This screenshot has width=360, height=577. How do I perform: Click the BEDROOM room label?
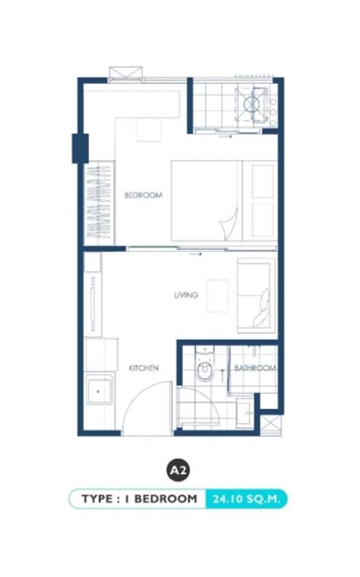[144, 195]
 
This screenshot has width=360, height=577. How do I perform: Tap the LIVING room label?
[186, 295]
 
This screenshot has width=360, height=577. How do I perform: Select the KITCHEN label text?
[144, 368]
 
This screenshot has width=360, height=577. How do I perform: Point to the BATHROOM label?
[255, 368]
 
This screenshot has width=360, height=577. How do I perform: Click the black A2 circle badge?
[178, 470]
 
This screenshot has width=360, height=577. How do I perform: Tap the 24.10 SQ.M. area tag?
[246, 499]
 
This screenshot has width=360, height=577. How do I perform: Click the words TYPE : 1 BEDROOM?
[139, 499]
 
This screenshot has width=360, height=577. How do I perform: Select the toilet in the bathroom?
[204, 364]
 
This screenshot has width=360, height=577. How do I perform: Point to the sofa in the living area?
[256, 295]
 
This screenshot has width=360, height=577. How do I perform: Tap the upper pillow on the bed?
[263, 181]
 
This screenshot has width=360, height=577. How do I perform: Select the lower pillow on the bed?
[263, 220]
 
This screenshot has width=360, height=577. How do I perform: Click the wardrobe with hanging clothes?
[99, 203]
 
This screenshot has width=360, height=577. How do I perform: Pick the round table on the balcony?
[252, 104]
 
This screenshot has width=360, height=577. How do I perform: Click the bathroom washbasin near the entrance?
[244, 414]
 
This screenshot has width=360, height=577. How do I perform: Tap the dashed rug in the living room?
[217, 296]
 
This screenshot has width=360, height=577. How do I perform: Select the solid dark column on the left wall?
[80, 148]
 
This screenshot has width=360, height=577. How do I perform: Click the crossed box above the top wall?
[125, 72]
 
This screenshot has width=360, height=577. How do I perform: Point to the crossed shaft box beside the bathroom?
[271, 425]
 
